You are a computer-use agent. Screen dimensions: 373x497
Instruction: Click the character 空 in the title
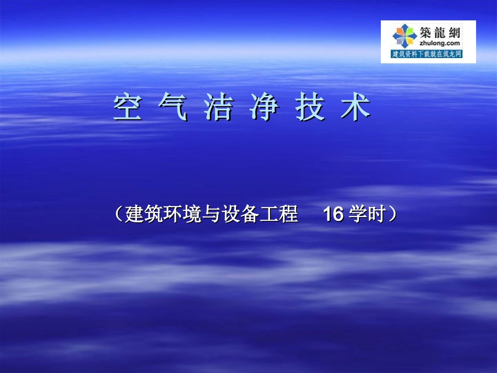point(128,108)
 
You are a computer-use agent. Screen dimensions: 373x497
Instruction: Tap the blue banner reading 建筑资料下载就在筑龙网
point(427,54)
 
